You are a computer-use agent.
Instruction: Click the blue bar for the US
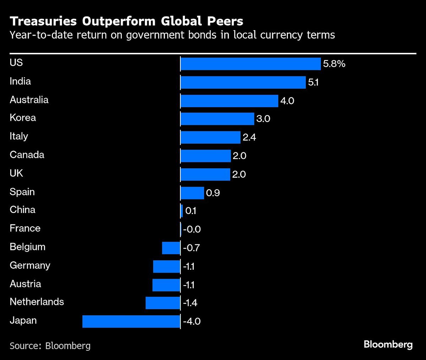point(251,64)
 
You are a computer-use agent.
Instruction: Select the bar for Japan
point(131,321)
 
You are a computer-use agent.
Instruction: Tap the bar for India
point(243,82)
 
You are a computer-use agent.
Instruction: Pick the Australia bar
point(229,101)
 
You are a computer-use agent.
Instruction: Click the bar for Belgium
point(171,248)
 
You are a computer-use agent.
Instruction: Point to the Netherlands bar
point(163,303)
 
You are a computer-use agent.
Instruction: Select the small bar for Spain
point(192,193)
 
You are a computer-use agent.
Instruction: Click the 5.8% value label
point(334,64)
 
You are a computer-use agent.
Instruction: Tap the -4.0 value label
point(192,322)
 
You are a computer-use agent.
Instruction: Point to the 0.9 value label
point(213,193)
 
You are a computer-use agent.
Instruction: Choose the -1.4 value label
point(190,303)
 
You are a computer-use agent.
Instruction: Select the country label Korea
point(23,118)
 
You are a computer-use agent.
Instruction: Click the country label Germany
point(30,266)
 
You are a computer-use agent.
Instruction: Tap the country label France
point(25,228)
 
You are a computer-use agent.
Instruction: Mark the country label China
point(22,210)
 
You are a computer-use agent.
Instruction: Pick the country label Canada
point(27,155)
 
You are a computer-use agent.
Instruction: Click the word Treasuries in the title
point(43,21)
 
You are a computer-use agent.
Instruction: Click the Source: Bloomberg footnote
point(50,345)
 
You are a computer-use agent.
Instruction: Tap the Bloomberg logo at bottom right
point(388,344)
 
